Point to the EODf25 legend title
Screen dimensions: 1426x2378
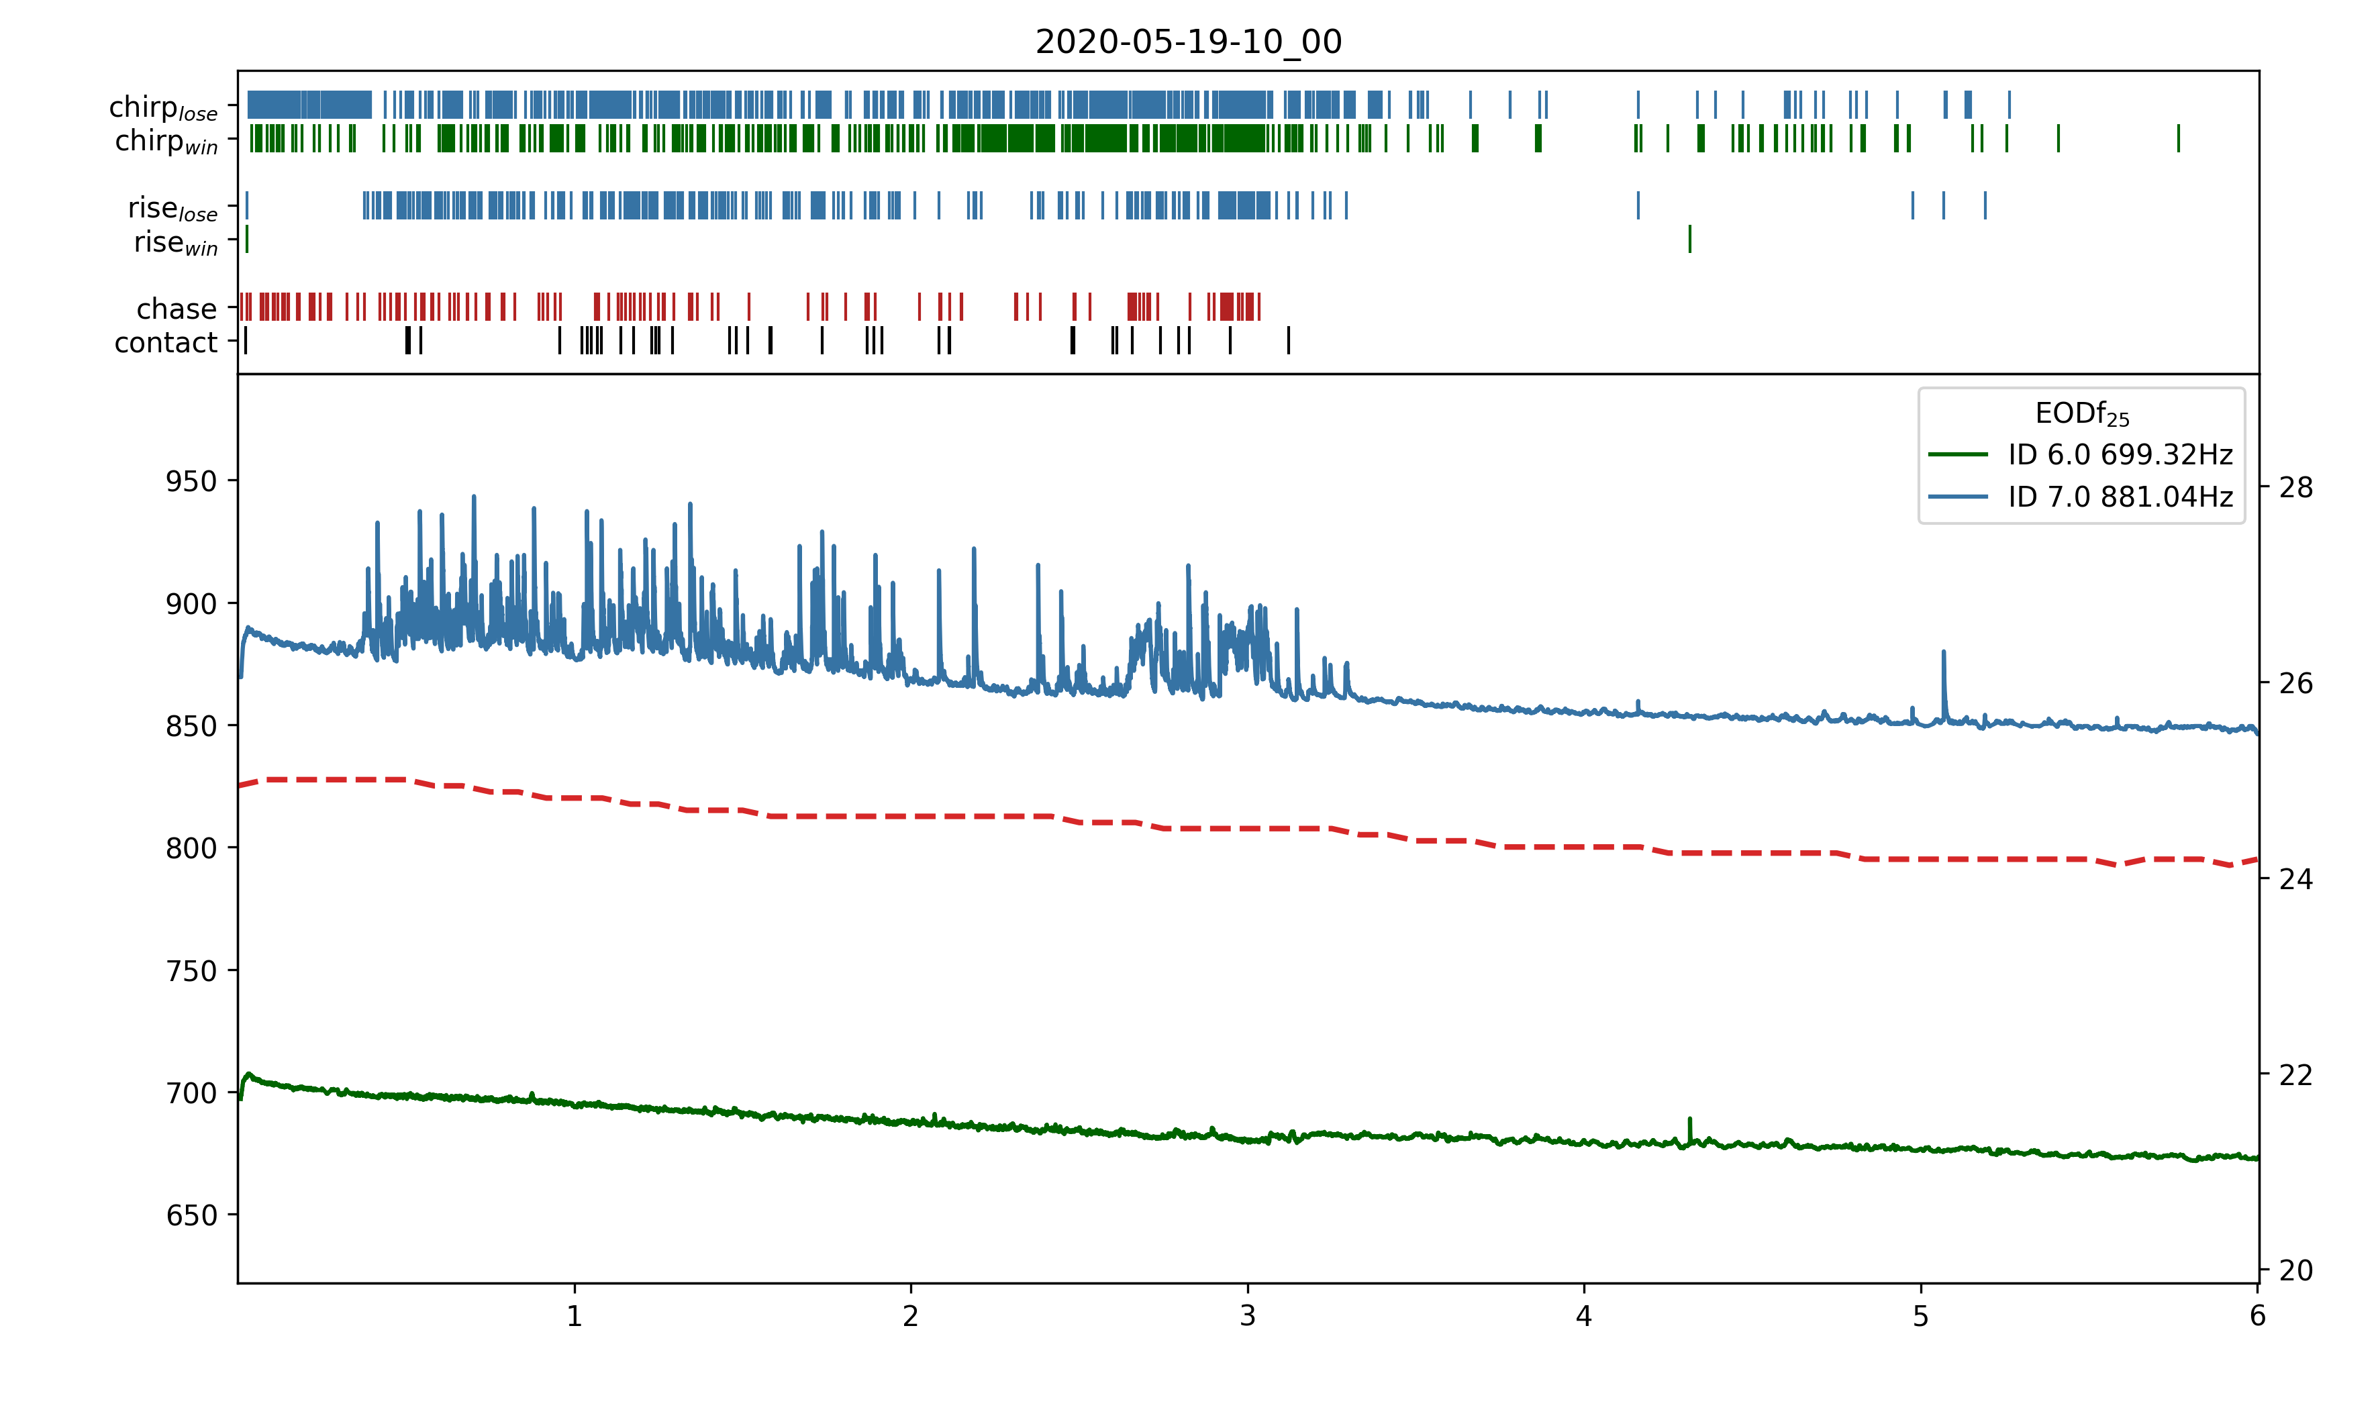[x=2081, y=414]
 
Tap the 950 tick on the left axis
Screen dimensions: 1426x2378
[x=191, y=481]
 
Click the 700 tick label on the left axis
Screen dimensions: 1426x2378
[x=191, y=1094]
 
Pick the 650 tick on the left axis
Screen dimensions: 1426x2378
[x=191, y=1215]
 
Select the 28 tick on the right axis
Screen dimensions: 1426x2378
[x=2295, y=488]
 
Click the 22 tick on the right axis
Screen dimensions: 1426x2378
[x=2295, y=1074]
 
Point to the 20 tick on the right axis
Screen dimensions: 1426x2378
[x=2295, y=1270]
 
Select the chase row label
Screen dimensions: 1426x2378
[x=177, y=309]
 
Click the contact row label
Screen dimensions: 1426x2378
[x=166, y=343]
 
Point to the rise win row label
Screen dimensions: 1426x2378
[x=176, y=243]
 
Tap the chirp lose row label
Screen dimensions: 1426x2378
[x=163, y=107]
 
